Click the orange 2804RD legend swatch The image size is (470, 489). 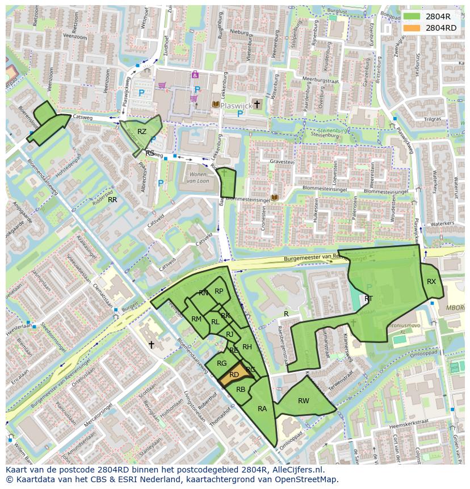[413, 28]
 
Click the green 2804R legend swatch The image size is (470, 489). [413, 16]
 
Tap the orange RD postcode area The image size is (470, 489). [233, 374]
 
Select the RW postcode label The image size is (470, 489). [304, 401]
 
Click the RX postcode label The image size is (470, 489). [431, 282]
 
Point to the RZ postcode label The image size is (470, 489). [142, 132]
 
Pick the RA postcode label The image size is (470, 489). [262, 409]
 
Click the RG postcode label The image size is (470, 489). [222, 363]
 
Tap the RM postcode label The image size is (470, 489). [196, 319]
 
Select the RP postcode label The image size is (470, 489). [219, 291]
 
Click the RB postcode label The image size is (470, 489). [241, 390]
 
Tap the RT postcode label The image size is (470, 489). [369, 299]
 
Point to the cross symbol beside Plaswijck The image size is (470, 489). [257, 104]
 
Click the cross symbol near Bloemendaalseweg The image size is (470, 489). [152, 345]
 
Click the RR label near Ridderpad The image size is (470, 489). [112, 200]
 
